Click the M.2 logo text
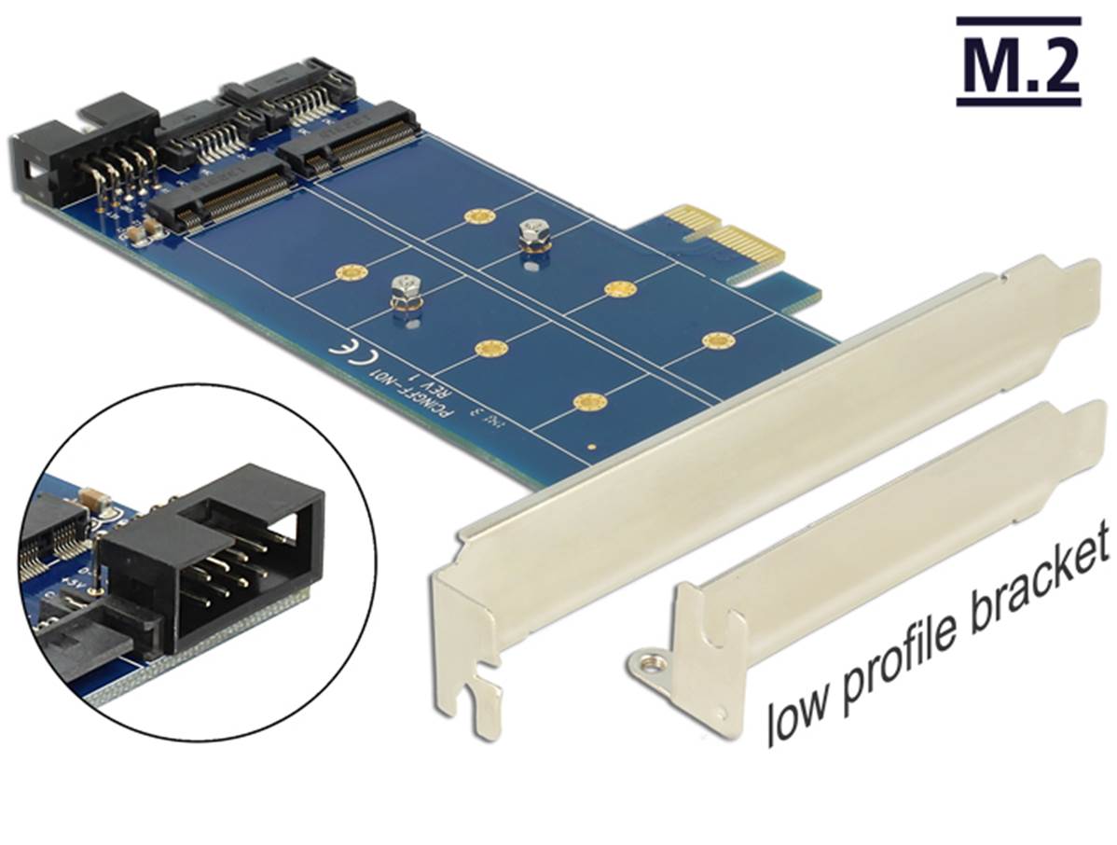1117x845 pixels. (x=1018, y=63)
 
